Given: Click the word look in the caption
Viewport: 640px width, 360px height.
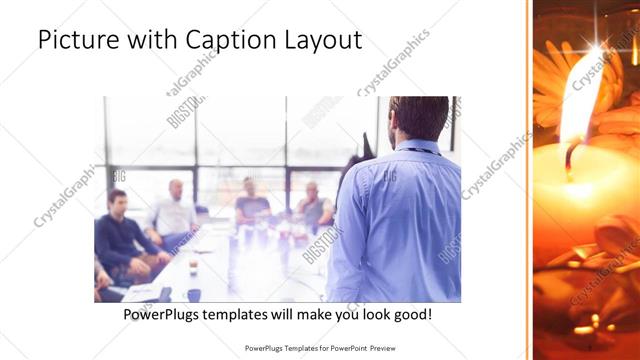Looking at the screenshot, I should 373,314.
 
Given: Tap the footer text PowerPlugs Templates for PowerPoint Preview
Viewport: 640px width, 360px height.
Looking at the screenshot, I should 321,349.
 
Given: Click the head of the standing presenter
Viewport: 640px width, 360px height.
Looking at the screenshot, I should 418,118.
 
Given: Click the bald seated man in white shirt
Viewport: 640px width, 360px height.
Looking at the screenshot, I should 174,210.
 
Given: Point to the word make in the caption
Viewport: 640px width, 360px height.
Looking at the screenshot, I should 332,314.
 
